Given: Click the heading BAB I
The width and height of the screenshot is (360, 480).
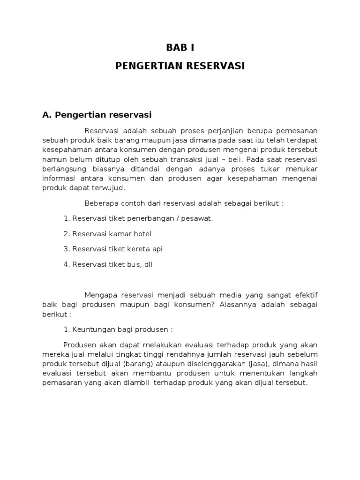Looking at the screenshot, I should tap(180, 47).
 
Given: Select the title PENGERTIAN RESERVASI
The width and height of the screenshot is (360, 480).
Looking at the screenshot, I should tap(180, 66).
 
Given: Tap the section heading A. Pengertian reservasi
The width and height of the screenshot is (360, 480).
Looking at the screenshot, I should tap(97, 114).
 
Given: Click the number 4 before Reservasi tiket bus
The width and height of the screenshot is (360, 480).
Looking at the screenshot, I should tap(66, 264).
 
